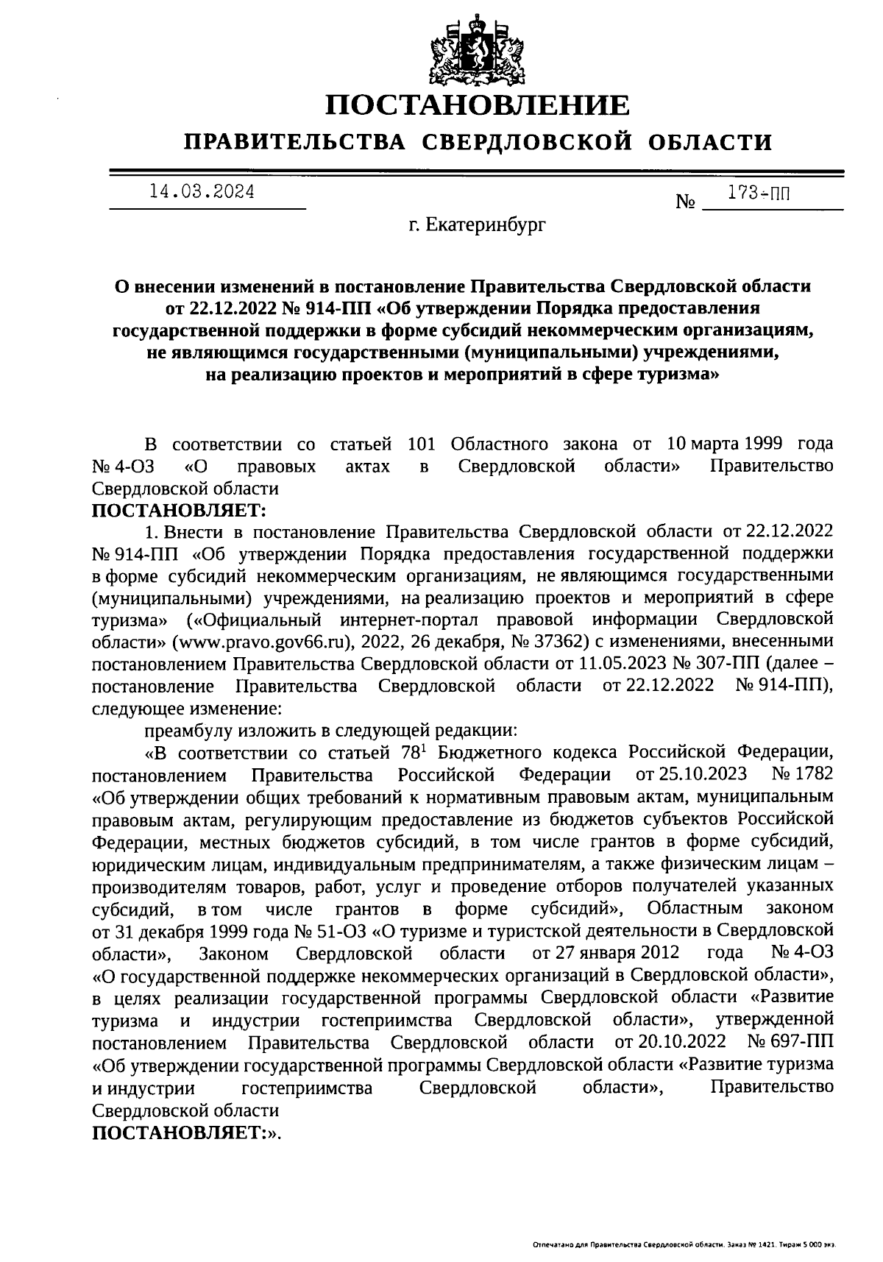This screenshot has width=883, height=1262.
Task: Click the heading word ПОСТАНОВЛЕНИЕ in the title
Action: tap(478, 106)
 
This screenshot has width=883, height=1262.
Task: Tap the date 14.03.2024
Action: tap(202, 193)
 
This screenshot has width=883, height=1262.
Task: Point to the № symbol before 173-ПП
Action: tap(685, 202)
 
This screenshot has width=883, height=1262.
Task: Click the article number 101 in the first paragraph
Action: tap(422, 444)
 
